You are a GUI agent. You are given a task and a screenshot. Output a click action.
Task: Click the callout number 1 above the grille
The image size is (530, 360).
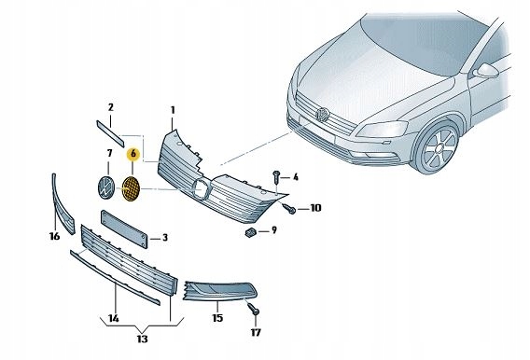[173, 110]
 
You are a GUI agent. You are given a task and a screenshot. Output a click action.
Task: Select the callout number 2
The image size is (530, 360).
[110, 107]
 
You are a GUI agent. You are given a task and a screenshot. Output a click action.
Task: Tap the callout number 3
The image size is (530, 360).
[165, 239]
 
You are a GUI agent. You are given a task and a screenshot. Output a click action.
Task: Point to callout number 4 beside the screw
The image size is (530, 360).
[296, 176]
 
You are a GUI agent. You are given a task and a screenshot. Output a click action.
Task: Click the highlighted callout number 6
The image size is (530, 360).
[133, 152]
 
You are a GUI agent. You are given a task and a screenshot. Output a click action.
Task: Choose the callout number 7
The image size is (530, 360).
[109, 152]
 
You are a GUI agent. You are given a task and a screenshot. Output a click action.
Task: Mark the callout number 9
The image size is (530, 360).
[273, 229]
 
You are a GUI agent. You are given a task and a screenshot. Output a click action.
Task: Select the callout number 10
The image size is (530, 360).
[314, 208]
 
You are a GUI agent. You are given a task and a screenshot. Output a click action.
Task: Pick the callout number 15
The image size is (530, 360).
[217, 318]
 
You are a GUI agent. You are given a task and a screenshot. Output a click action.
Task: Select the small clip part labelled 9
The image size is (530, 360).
[252, 231]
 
